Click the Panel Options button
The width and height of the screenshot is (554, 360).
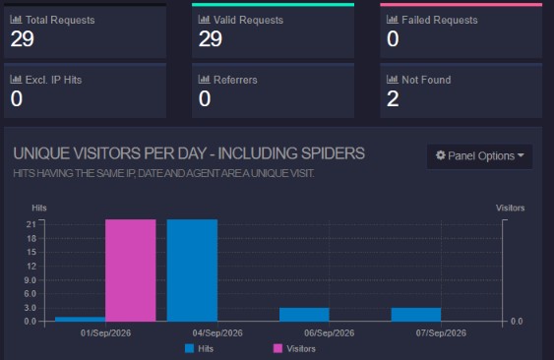[x=479, y=155]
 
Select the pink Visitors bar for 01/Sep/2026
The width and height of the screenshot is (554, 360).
[x=131, y=270]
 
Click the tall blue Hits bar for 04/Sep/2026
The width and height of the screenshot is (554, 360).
[x=192, y=270]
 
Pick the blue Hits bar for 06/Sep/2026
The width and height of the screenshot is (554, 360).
[x=304, y=315]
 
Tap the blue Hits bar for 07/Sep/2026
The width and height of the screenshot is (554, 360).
[x=416, y=315]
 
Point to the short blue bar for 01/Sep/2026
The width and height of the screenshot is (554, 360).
[x=81, y=319]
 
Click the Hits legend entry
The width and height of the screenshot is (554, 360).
[x=200, y=349]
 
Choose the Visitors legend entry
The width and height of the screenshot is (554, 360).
[x=294, y=349]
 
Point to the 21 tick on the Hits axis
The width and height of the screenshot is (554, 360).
[x=31, y=224]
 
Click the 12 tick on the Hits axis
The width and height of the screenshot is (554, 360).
[x=31, y=266]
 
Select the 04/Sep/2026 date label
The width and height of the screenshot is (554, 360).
[x=217, y=332]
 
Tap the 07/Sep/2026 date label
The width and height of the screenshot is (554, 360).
[x=441, y=332]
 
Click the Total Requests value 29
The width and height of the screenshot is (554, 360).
[x=23, y=38]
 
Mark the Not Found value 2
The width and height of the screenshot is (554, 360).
[x=393, y=98]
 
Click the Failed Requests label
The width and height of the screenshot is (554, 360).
[x=440, y=20]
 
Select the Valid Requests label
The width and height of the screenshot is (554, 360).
[x=248, y=20]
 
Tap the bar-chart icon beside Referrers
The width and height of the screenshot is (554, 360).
[x=204, y=79]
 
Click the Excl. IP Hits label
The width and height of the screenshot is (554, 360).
[x=53, y=80]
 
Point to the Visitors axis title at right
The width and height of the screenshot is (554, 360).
[x=510, y=208]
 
